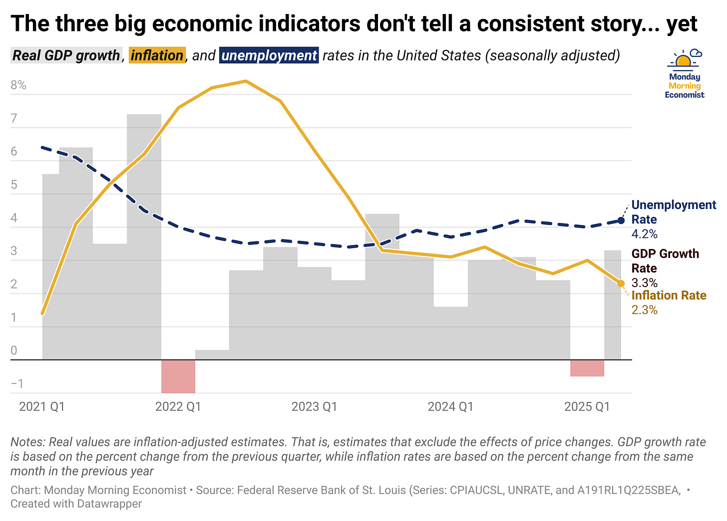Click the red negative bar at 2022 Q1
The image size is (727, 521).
(178, 376)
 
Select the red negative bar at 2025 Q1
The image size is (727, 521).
(587, 368)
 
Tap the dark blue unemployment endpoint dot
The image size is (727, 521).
(621, 220)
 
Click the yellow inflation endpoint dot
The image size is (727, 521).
(621, 283)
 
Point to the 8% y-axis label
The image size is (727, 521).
(18, 85)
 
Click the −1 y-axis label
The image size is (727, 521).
(17, 384)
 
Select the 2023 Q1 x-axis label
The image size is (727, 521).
(314, 406)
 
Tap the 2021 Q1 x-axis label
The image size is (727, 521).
(42, 406)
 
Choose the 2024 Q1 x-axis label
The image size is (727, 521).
(450, 406)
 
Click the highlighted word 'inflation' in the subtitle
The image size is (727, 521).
(157, 55)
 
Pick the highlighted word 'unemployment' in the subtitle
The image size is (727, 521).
(269, 55)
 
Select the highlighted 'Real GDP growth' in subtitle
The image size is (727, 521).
(66, 55)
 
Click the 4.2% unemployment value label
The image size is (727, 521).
(644, 234)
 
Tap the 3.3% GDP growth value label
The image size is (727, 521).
(644, 282)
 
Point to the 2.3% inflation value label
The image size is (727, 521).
(644, 310)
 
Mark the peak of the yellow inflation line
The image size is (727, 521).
(245, 81)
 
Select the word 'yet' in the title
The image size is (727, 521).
(682, 23)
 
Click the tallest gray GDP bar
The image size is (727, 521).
(144, 235)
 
